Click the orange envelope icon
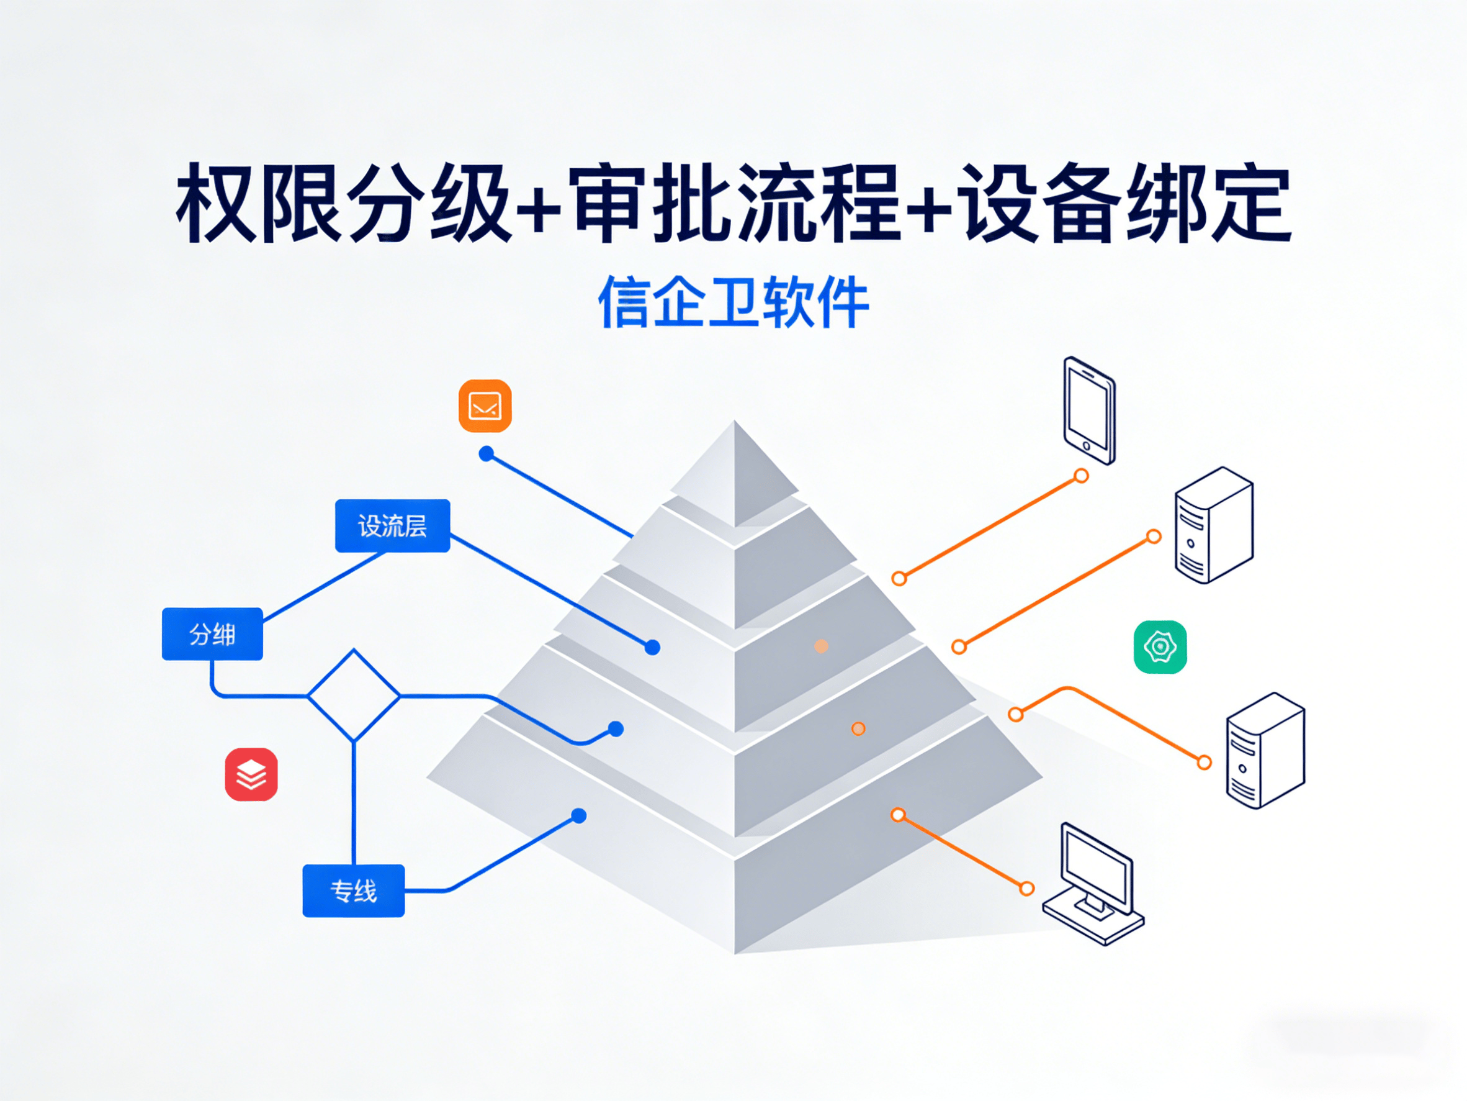(x=485, y=406)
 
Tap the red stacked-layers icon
(x=251, y=774)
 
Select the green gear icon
(x=1160, y=647)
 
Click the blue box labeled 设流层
(x=393, y=525)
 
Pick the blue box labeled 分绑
(x=212, y=635)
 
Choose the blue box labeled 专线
(x=354, y=890)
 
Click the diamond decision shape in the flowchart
(x=354, y=695)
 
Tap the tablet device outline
(x=1089, y=410)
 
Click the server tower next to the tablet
(x=1214, y=525)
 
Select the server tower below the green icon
(x=1265, y=751)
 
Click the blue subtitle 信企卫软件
(x=733, y=302)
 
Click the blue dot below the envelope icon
(x=486, y=454)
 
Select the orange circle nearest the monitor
(x=1026, y=889)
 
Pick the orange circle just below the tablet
(x=1081, y=476)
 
